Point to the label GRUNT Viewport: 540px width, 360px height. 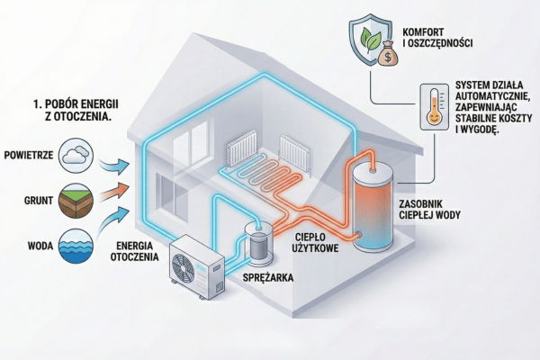tap(35, 200)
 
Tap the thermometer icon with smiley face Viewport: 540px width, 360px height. tap(433, 108)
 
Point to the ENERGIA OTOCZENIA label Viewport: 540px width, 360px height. tap(134, 254)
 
